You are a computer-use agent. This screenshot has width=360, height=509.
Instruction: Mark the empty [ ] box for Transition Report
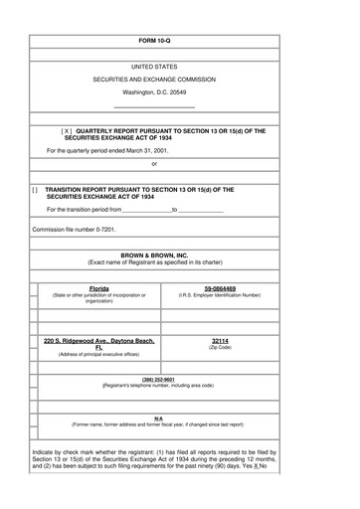coord(36,189)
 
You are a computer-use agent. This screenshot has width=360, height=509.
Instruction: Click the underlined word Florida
coord(98,288)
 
